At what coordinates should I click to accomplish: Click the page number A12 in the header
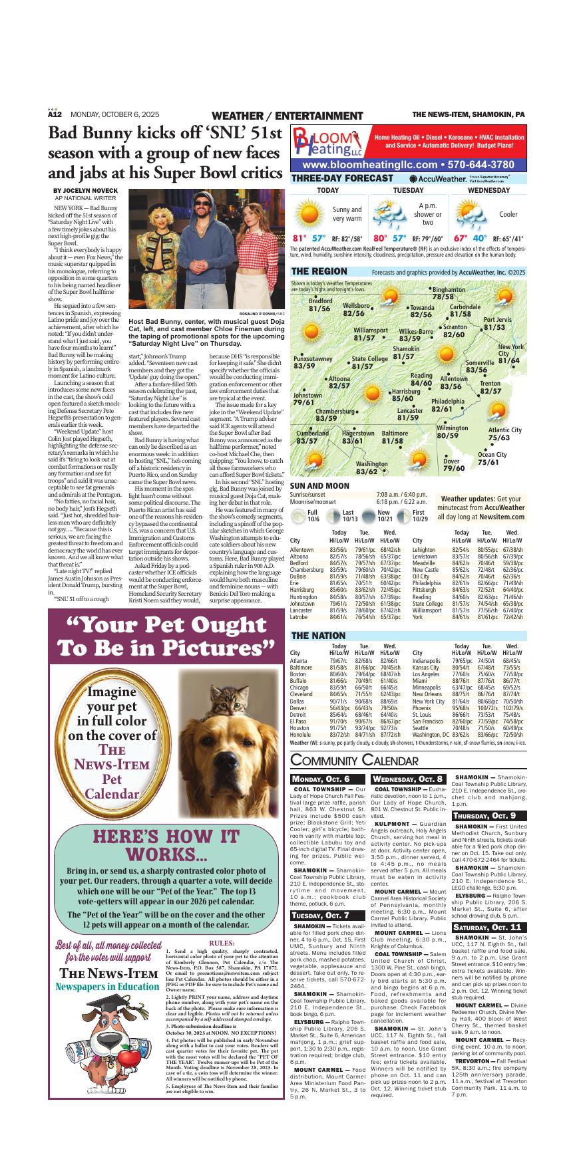tap(55, 115)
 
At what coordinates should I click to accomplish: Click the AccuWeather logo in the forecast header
tap(437, 179)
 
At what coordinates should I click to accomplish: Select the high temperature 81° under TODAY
tap(299, 238)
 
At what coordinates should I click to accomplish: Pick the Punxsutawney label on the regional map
tap(313, 359)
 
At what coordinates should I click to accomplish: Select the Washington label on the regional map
tap(371, 464)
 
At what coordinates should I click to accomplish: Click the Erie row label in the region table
tap(295, 582)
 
